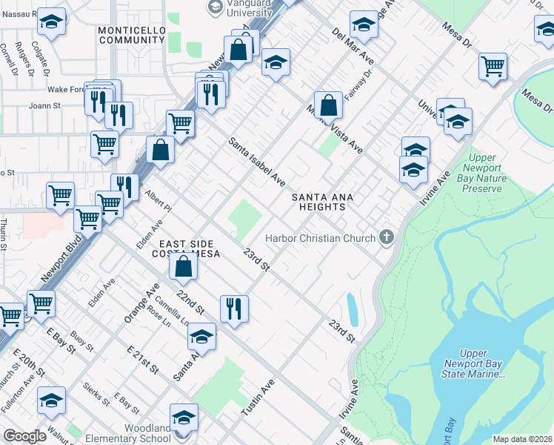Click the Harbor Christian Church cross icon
385,238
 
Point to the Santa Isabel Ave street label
256,162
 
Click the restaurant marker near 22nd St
234,308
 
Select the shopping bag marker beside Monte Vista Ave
328,105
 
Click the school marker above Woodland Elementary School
184,416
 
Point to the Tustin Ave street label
258,398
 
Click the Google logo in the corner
25,435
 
